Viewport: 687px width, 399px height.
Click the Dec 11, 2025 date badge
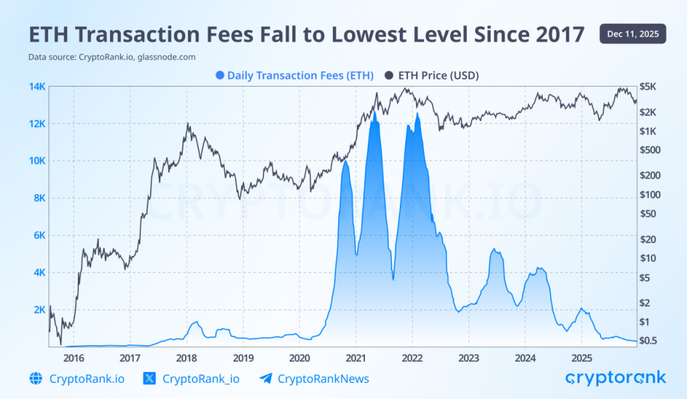[x=633, y=33]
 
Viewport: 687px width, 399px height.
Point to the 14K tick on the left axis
[x=36, y=87]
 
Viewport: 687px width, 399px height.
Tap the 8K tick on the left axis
[x=38, y=198]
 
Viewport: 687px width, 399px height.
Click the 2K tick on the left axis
[x=38, y=310]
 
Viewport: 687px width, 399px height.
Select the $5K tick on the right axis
[x=651, y=87]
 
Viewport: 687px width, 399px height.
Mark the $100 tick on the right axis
[x=652, y=195]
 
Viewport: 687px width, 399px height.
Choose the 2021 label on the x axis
[x=356, y=357]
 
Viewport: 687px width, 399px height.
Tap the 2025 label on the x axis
[x=582, y=357]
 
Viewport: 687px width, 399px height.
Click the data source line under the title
[x=112, y=57]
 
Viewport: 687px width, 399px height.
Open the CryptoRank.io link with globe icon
[x=87, y=379]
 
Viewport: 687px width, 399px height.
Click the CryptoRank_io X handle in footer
[x=201, y=379]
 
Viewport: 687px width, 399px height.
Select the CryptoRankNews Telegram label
[x=323, y=379]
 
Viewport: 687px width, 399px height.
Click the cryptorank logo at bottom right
[x=615, y=378]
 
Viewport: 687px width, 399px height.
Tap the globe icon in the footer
[x=36, y=379]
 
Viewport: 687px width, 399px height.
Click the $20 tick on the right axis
[x=652, y=239]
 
